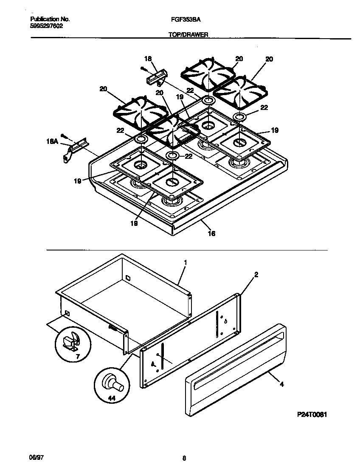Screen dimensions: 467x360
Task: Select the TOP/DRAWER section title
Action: (x=187, y=36)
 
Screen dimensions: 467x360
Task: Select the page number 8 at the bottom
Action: (x=184, y=458)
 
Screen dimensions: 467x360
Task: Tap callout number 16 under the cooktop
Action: (x=211, y=233)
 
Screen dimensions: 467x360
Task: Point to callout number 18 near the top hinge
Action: (x=148, y=59)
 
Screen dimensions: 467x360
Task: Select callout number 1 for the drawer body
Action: (x=185, y=263)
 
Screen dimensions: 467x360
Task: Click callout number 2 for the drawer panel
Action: (x=256, y=275)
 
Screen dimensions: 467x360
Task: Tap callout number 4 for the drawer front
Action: (x=281, y=385)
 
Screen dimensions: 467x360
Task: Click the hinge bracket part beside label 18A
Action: (x=74, y=149)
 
